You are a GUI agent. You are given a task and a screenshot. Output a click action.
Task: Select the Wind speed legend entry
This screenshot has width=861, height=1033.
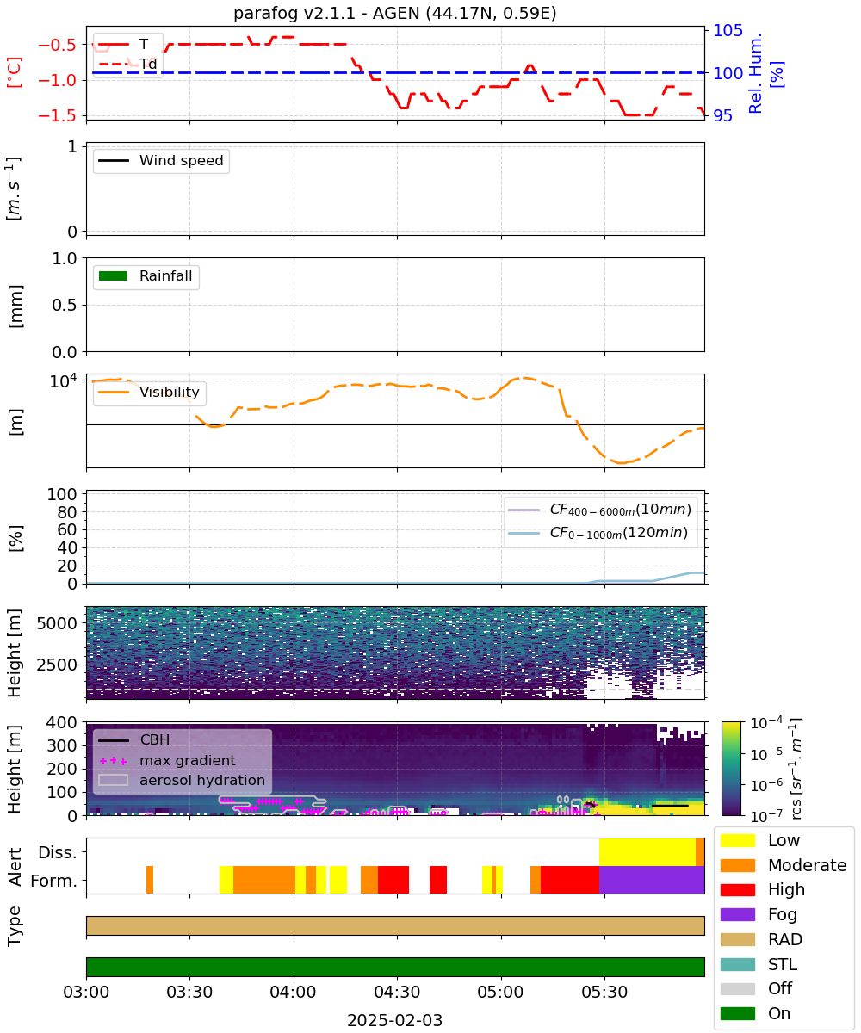161,160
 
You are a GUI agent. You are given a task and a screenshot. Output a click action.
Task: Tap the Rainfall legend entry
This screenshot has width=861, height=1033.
146,275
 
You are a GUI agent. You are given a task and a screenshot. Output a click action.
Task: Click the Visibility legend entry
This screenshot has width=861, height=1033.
149,392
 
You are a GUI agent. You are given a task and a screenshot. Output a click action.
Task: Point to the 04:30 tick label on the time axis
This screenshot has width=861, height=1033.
397,992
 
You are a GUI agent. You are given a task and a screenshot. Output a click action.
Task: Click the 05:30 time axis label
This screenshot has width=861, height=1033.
604,992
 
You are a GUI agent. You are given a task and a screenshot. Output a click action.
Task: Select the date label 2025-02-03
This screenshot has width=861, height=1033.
394,1020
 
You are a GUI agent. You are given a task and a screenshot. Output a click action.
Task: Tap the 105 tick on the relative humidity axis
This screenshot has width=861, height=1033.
728,30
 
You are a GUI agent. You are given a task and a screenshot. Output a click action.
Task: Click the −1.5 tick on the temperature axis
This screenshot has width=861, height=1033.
58,115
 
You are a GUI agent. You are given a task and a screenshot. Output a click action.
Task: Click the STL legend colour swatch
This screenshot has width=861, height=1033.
737,964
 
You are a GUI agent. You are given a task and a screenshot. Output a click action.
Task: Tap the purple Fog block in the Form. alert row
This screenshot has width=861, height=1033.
652,880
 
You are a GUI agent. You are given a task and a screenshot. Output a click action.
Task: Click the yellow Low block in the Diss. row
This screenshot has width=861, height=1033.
647,852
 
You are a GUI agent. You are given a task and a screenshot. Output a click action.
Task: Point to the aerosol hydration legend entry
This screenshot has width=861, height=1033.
182,780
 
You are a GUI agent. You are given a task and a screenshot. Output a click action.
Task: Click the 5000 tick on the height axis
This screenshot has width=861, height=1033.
57,623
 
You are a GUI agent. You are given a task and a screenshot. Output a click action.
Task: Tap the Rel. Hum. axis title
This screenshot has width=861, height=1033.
755,73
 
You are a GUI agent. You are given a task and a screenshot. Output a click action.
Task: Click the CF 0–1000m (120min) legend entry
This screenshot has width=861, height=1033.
598,533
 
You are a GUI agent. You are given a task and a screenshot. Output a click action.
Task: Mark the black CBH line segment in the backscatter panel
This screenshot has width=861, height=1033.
670,806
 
